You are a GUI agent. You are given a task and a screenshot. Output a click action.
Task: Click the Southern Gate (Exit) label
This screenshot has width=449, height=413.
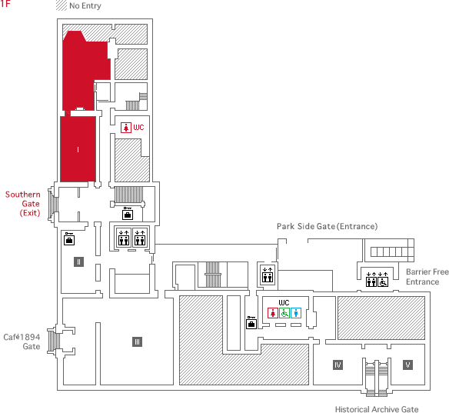(x=23, y=204)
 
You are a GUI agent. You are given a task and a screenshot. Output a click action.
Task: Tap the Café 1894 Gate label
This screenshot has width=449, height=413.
(x=22, y=341)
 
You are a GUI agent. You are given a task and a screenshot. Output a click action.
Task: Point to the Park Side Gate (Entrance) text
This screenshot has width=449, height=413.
(x=327, y=226)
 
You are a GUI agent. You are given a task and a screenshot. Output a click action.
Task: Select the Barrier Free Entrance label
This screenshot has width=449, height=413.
(x=427, y=277)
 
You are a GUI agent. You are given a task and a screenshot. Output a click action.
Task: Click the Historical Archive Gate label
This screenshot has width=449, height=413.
(x=377, y=409)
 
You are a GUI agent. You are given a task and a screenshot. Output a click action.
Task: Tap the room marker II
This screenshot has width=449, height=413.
(x=78, y=261)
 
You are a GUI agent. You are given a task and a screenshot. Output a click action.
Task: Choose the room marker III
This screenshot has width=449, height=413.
(x=137, y=341)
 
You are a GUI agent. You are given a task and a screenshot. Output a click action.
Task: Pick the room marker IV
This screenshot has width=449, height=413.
(x=338, y=365)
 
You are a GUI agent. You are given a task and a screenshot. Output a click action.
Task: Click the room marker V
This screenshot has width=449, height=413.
(x=407, y=365)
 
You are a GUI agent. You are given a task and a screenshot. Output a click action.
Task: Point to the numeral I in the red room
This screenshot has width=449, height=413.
(x=78, y=149)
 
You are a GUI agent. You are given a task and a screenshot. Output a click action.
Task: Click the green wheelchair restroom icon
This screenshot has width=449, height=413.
(x=284, y=313)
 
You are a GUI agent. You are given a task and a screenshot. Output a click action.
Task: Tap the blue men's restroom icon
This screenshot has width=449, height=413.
(x=296, y=313)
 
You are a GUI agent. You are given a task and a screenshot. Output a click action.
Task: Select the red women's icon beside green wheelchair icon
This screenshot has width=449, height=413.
(x=273, y=313)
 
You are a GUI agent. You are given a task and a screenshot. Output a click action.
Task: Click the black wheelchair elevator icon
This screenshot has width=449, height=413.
(x=383, y=281)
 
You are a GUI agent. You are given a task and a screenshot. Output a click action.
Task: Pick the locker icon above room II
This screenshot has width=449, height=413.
(x=69, y=239)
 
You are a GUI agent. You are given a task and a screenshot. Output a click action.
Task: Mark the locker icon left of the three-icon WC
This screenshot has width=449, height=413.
(x=251, y=323)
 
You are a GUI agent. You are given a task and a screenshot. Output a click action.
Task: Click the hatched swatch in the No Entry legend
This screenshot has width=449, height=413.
(x=62, y=5)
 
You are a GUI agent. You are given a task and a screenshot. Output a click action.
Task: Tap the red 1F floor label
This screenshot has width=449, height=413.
(x=5, y=3)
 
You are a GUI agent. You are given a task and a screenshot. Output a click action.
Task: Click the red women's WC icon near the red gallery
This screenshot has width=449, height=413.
(x=126, y=128)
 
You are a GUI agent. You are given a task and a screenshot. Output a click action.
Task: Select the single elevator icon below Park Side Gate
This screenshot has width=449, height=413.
(x=268, y=275)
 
